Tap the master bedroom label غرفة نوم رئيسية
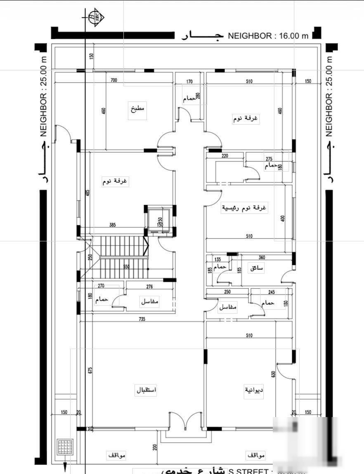tap(244, 208)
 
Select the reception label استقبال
tap(147, 390)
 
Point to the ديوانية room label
tap(254, 390)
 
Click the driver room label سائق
tap(256, 268)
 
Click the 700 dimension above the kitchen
tap(114, 80)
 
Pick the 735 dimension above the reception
tap(142, 319)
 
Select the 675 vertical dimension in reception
tap(90, 370)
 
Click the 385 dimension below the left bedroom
tap(113, 225)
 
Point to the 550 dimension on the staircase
tap(126, 267)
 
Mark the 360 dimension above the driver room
tap(262, 257)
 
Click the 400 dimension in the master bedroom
tap(283, 218)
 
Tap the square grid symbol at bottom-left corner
tap(65, 447)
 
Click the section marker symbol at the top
tap(96, 17)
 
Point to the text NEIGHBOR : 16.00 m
tap(268, 36)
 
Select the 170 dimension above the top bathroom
tap(189, 81)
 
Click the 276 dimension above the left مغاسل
tap(150, 286)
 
